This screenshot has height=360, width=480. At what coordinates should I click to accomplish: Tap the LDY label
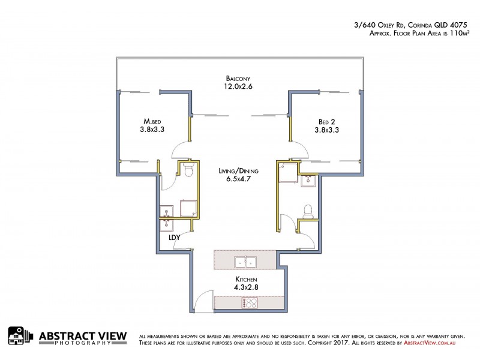click(175, 238)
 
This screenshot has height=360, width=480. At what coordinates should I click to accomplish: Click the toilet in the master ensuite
click(187, 172)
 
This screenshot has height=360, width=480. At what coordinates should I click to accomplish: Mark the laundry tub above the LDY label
click(167, 224)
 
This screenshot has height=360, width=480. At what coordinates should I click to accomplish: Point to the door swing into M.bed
click(181, 152)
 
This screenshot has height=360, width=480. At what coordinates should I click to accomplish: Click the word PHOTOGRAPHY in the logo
click(74, 343)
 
